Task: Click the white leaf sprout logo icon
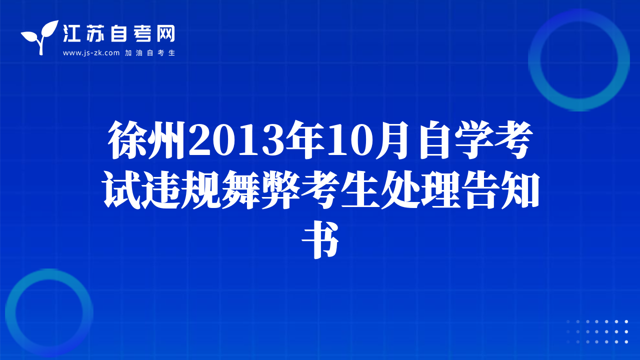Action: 40,37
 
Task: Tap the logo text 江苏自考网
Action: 119,33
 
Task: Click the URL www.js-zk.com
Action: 91,53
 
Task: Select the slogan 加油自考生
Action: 150,53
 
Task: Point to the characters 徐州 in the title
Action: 147,140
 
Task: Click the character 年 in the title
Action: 306,140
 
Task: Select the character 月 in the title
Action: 393,140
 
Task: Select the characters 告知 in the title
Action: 501,189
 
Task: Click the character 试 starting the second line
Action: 121,189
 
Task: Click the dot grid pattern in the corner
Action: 597,331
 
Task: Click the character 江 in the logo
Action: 71,33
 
